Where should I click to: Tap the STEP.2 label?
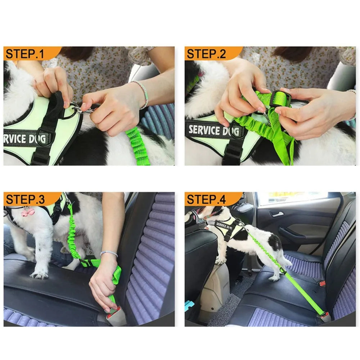click(x=207, y=54)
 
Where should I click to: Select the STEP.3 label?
click(x=25, y=199)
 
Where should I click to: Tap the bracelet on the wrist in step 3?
click(x=109, y=253)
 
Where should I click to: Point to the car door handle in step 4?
click(x=276, y=214)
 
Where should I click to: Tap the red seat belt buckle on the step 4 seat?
click(x=322, y=283)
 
